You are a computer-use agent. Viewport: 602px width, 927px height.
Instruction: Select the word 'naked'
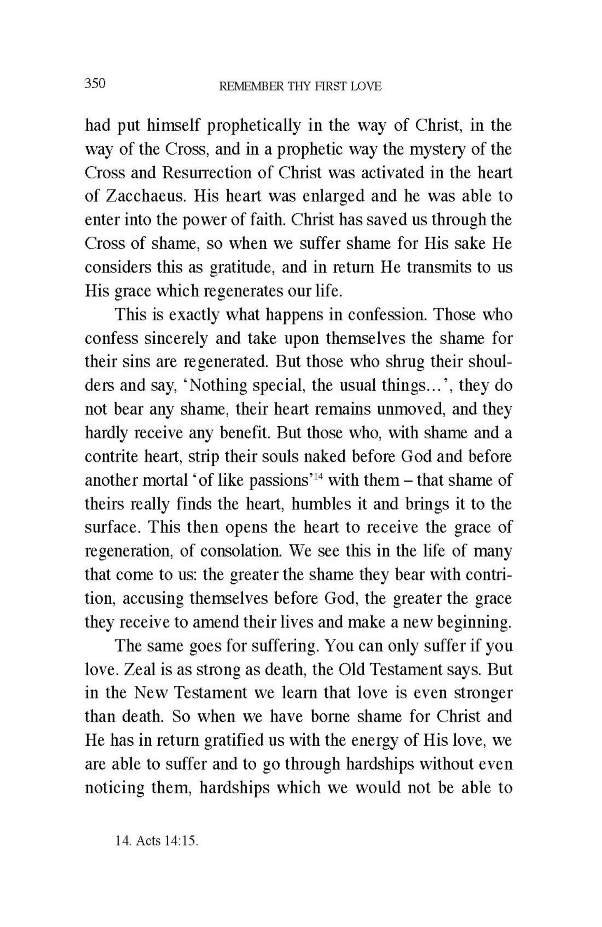click(326, 457)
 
